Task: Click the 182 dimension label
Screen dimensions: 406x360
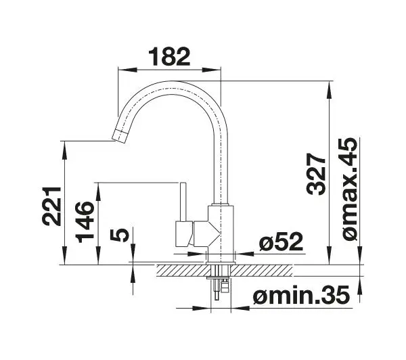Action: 169,56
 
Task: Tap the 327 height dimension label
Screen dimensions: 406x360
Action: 315,174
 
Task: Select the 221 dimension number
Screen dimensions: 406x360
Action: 51,206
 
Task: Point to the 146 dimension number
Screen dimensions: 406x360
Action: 85,222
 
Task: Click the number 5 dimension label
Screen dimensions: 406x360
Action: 119,235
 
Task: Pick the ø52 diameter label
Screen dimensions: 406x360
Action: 281,242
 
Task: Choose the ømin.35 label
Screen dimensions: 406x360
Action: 302,294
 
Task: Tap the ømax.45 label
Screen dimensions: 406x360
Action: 348,189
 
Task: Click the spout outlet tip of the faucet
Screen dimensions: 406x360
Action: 120,136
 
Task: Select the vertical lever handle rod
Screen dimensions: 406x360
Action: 183,202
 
